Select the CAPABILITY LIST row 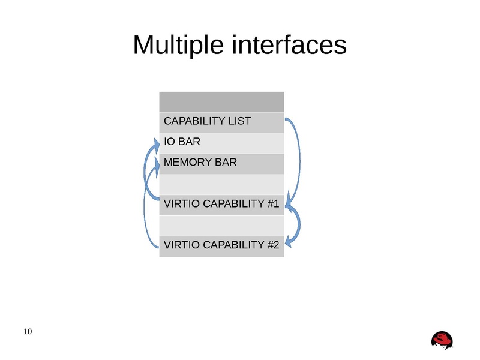221,122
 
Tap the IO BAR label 182,142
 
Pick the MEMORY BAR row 221,163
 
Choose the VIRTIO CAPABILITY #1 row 221,205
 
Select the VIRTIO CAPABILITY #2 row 221,245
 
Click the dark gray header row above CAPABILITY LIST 221,101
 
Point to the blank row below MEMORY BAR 221,184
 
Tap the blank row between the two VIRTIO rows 221,225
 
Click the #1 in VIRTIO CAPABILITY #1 273,205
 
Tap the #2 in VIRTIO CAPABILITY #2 273,245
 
